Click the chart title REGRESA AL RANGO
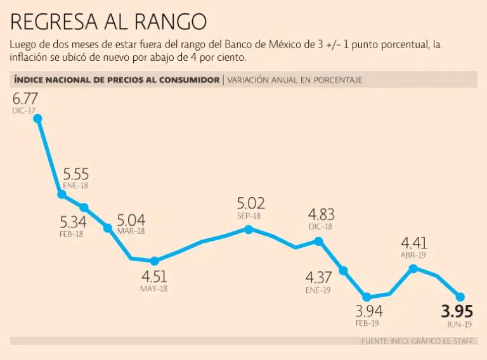(x=108, y=22)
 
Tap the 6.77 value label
(x=25, y=99)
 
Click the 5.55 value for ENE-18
(x=75, y=174)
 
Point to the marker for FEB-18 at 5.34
(x=84, y=207)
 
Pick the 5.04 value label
(x=131, y=221)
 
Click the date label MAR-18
(x=131, y=231)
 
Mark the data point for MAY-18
(x=154, y=260)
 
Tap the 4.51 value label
(x=154, y=278)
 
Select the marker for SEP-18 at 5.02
(x=249, y=229)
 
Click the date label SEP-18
(x=249, y=215)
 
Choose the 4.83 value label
(x=321, y=214)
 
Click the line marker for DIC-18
(x=319, y=241)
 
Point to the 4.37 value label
(x=318, y=278)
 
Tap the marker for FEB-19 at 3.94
(x=367, y=296)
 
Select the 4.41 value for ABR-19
(x=414, y=243)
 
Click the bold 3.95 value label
(x=457, y=312)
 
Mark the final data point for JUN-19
(x=460, y=297)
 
